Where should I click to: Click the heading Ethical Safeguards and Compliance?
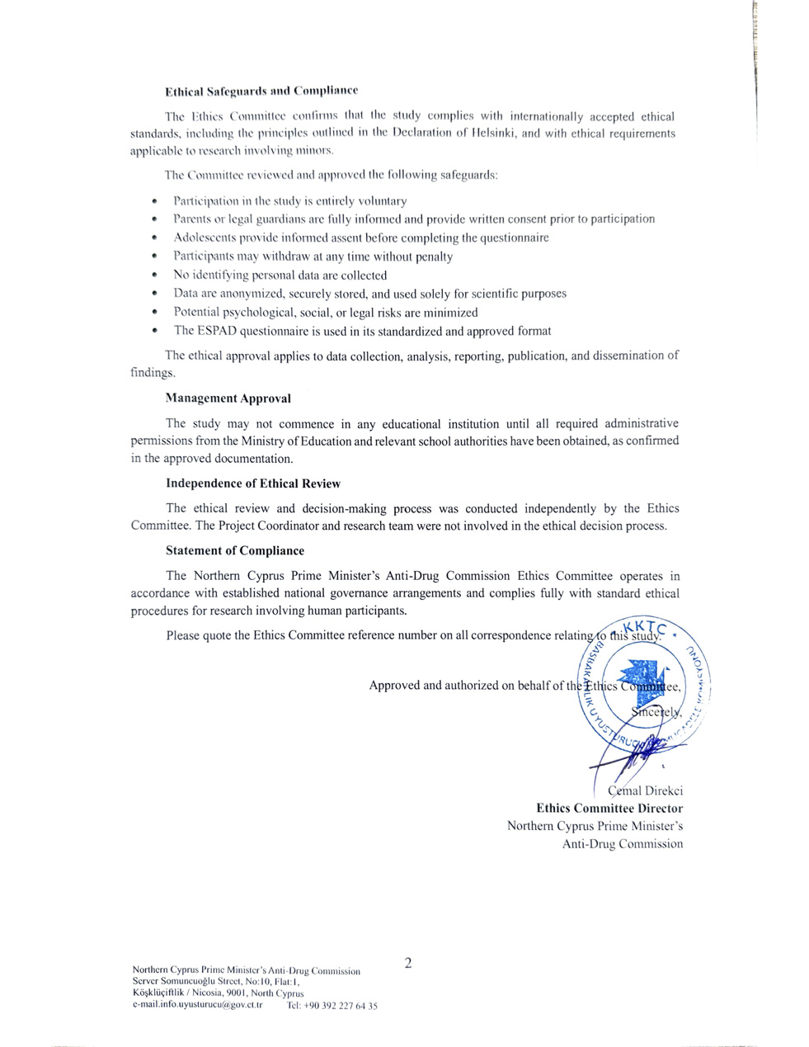tap(261, 90)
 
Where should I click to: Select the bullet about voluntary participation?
tap(289, 201)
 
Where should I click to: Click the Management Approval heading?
tap(228, 399)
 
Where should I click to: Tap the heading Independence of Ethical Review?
tap(252, 483)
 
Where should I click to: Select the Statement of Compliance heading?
tap(234, 550)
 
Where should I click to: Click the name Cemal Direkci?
tap(644, 790)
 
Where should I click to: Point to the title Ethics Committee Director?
tap(609, 809)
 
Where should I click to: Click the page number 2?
tap(407, 962)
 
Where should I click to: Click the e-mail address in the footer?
tap(197, 1006)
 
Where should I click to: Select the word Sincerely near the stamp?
tap(657, 711)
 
